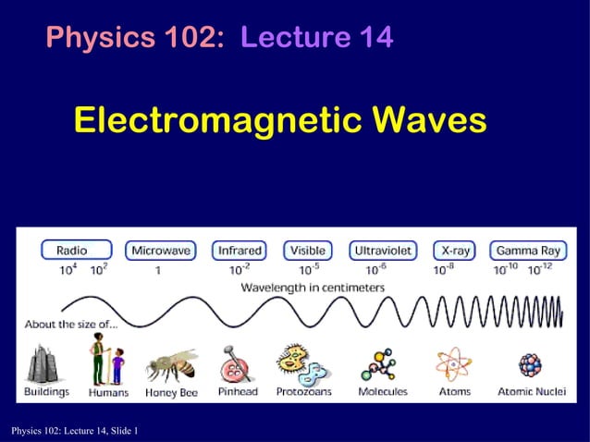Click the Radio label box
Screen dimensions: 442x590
click(x=75, y=250)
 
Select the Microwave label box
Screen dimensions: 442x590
click(x=162, y=250)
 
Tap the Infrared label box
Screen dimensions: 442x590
click(x=240, y=250)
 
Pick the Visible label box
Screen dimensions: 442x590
click(x=307, y=250)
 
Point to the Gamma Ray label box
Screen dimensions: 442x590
click(x=527, y=250)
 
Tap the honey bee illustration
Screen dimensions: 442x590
click(x=172, y=364)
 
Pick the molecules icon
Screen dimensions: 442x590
click(x=380, y=365)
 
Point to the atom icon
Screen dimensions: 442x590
click(x=454, y=365)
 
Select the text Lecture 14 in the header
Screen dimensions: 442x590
click(x=316, y=38)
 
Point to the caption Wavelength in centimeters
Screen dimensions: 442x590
click(x=313, y=288)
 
